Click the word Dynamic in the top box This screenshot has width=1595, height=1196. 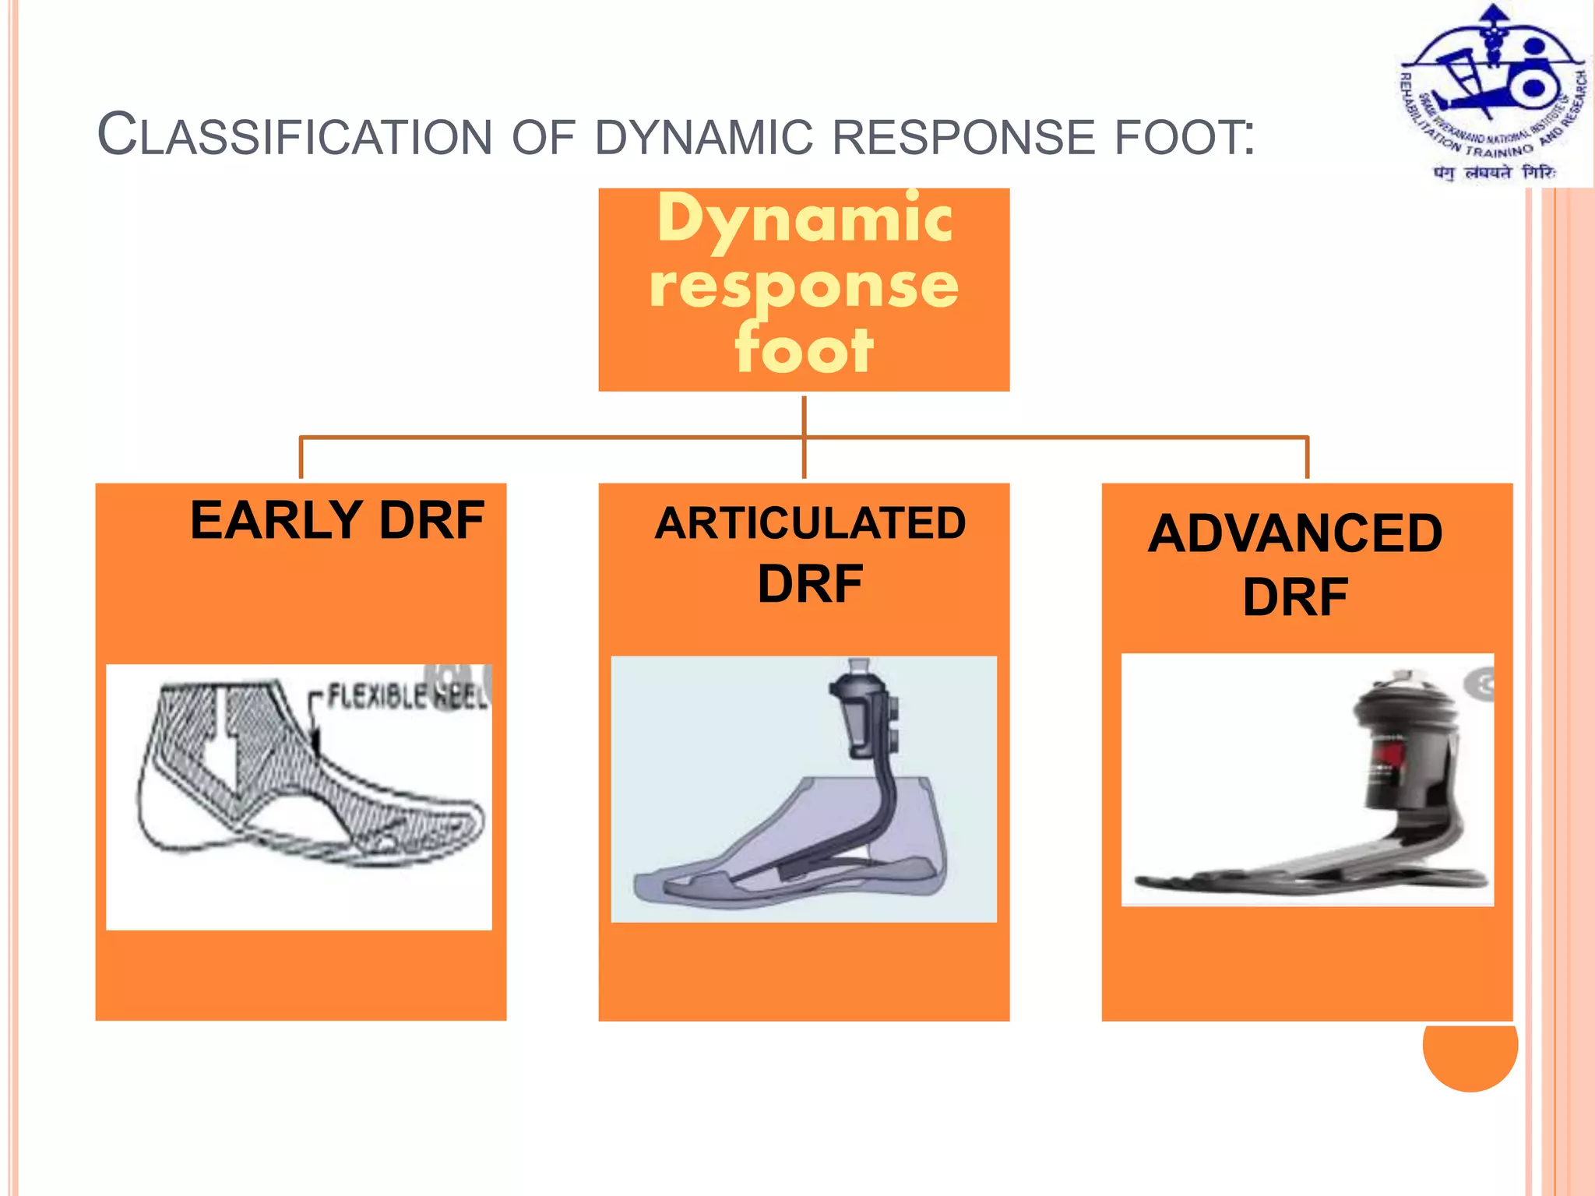point(804,220)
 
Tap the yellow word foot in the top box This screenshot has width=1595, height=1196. point(804,350)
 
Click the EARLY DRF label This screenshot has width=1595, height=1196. point(337,520)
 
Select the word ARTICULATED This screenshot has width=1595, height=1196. point(810,523)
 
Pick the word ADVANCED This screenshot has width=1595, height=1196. point(1295,534)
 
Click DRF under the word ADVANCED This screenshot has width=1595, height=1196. point(1295,597)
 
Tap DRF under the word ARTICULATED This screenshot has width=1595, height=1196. point(810,584)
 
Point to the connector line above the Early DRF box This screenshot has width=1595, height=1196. point(301,458)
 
